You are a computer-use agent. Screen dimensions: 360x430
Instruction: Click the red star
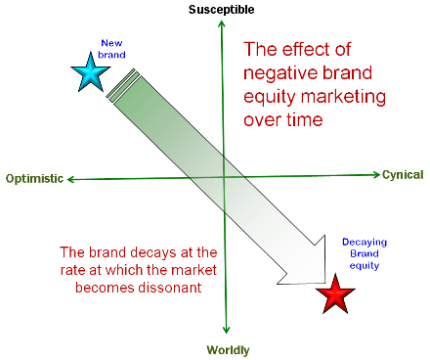335,293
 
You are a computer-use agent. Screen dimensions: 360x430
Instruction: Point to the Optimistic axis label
34,178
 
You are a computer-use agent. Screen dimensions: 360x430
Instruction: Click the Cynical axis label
402,175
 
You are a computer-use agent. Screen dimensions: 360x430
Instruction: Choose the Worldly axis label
228,349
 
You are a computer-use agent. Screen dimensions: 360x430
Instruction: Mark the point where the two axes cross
225,177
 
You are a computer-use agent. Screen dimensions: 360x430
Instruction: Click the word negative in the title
279,73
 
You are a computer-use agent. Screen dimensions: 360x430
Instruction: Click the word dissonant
176,290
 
